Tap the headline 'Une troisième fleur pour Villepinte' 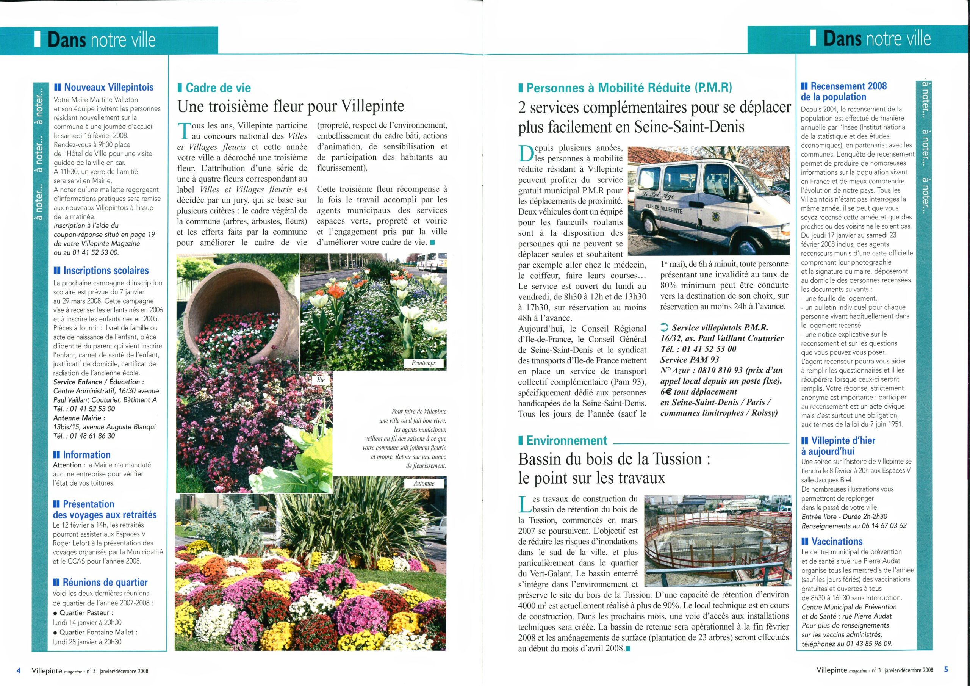291,106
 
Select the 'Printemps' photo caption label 423,363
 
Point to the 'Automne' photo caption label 424,483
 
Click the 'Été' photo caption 321,379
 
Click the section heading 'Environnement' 566,440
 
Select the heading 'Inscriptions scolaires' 106,271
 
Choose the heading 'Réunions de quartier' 105,583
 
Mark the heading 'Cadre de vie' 218,88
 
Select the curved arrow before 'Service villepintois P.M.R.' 664,327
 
